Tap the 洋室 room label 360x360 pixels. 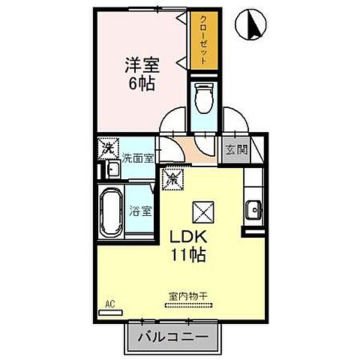140,64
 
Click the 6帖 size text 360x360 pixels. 140,83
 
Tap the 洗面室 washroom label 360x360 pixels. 138,157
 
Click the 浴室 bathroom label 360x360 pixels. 142,211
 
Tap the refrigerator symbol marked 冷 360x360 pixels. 171,178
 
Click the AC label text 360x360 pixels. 109,304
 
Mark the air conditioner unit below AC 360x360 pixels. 109,313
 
